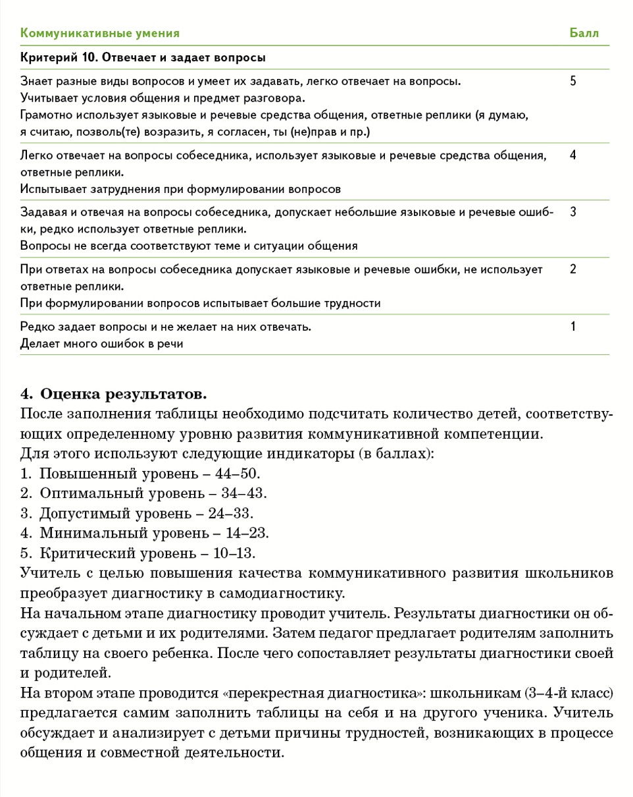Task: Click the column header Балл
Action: click(584, 33)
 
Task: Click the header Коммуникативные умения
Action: click(100, 33)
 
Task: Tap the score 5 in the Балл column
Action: click(572, 82)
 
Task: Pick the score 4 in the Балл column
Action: click(572, 156)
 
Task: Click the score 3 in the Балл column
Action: click(572, 212)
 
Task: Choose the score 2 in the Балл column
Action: click(572, 269)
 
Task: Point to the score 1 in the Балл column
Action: click(572, 326)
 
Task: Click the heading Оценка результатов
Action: click(123, 395)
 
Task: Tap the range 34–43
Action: click(244, 493)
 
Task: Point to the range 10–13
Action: click(233, 552)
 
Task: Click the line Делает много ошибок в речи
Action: click(101, 343)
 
